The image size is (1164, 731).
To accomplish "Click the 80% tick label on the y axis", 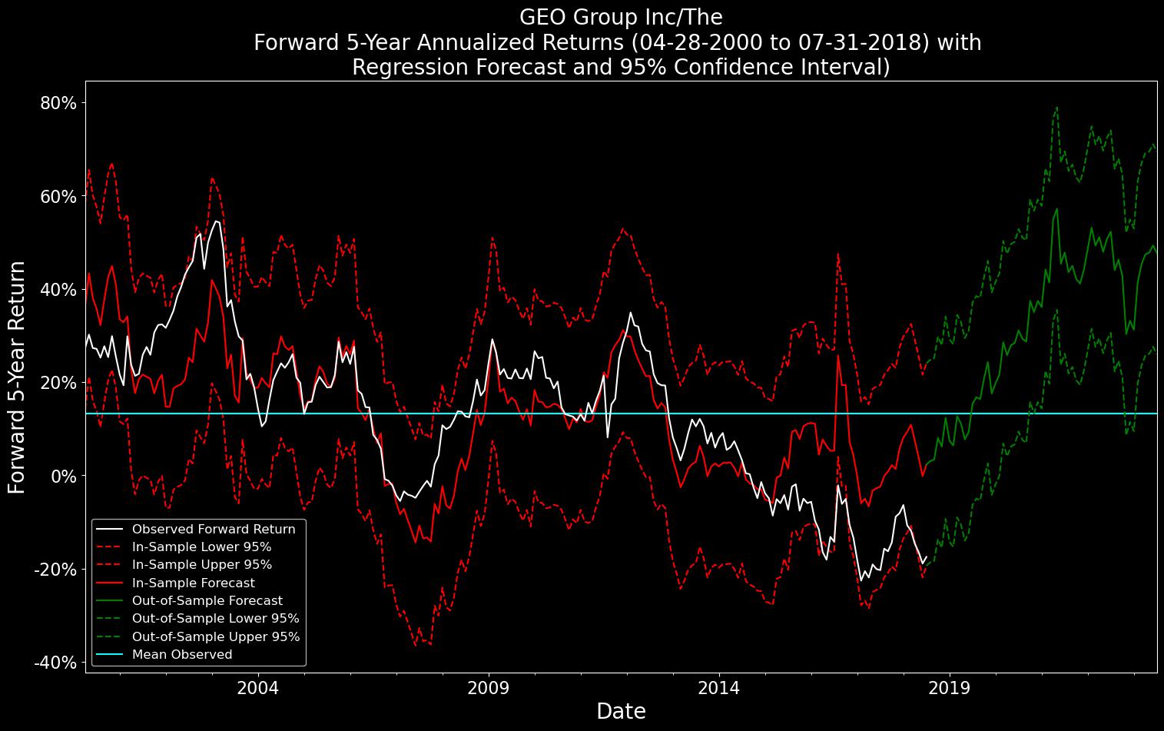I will (58, 103).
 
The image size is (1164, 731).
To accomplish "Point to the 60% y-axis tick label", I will (58, 196).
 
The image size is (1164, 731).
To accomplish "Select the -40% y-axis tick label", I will (55, 663).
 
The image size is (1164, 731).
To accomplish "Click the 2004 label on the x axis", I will (258, 686).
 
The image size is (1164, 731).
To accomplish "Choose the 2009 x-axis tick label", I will (489, 686).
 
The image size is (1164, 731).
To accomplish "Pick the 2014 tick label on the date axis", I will (719, 686).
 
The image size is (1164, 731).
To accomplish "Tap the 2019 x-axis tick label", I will (950, 686).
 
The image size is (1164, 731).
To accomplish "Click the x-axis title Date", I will (621, 712).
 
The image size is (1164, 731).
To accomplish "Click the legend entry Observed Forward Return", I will (213, 529).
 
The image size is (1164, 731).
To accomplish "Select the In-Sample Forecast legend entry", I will (193, 583).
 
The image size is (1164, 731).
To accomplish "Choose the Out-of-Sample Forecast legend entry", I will (207, 600).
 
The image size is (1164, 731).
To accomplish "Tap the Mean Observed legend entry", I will (181, 654).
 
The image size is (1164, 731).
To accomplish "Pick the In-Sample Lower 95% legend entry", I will (201, 547).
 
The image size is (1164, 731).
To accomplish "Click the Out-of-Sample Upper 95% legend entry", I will (215, 636).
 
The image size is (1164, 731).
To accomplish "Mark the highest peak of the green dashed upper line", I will (1056, 108).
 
